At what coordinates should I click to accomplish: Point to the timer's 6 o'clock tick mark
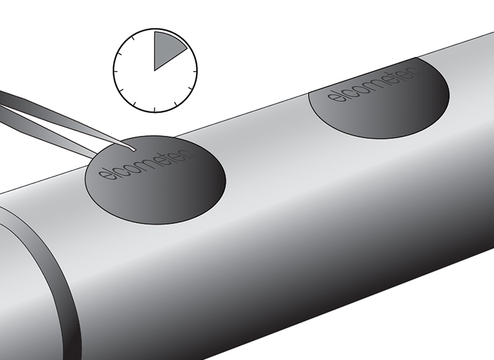pyautogui.click(x=155, y=110)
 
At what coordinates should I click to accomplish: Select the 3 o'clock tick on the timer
pyautogui.click(x=194, y=71)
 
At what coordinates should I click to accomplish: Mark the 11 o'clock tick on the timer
pyautogui.click(x=134, y=39)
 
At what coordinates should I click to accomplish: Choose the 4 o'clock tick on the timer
pyautogui.click(x=190, y=89)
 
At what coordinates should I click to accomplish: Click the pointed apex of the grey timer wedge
pyautogui.click(x=154, y=70)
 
